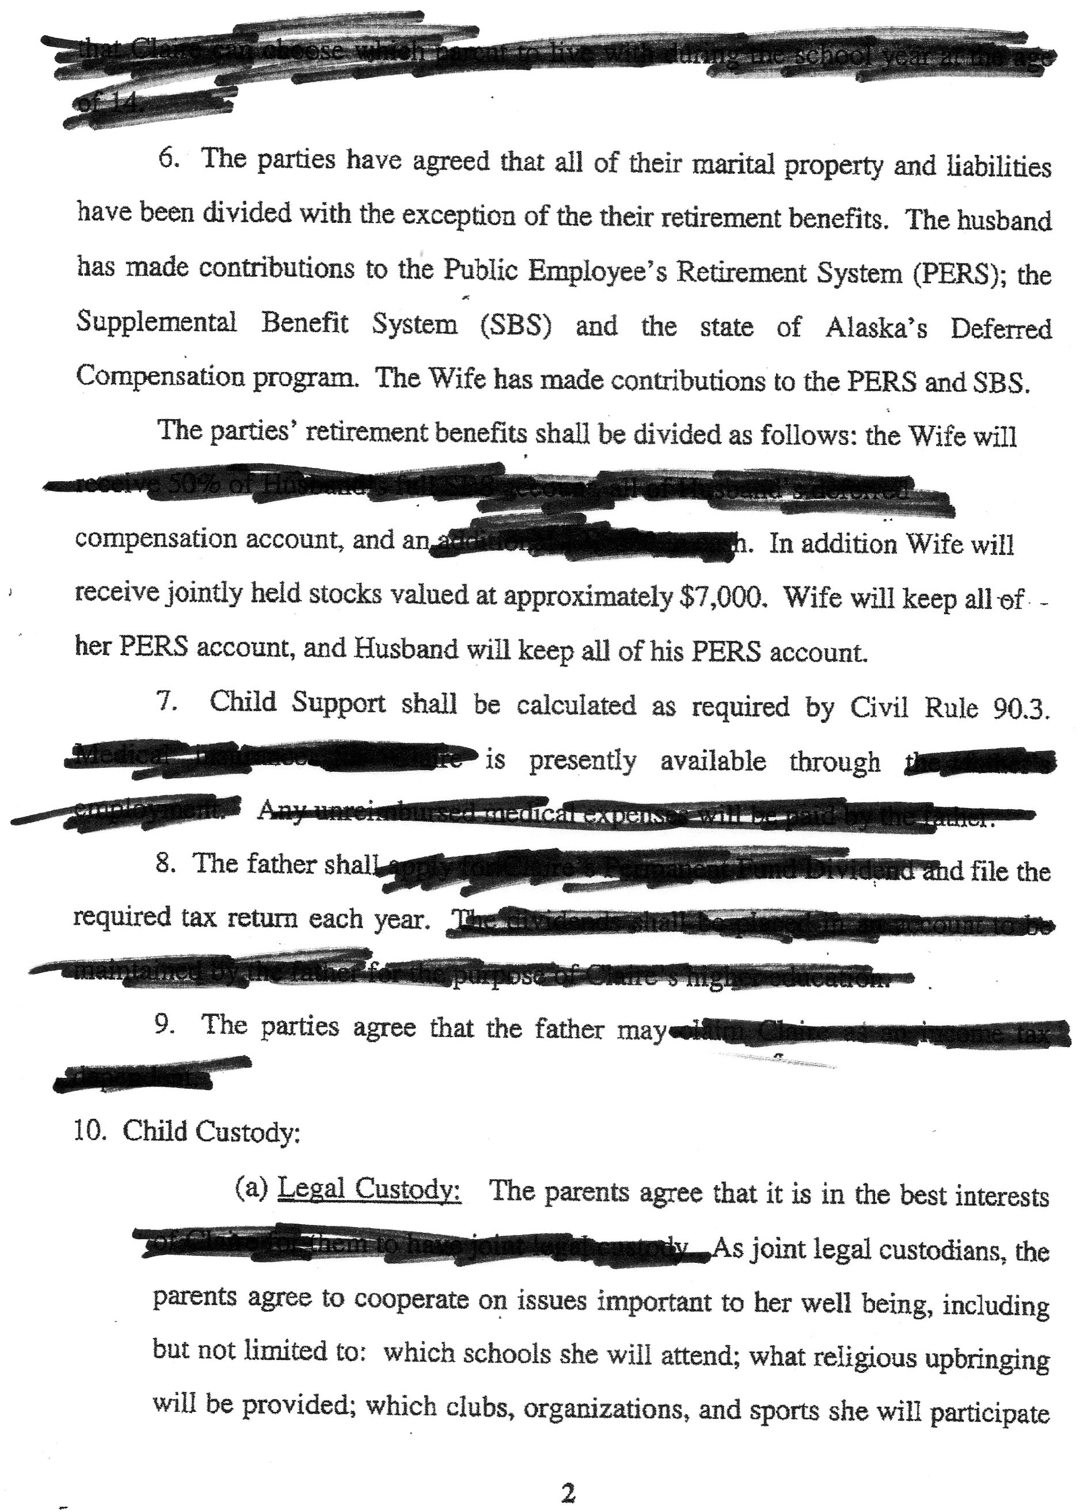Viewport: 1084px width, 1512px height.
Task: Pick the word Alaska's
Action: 876,327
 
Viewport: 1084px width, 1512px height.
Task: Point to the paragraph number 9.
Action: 164,1025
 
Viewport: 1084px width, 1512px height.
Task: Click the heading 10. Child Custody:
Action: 187,1132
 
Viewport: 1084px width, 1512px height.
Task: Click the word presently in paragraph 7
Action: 582,760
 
